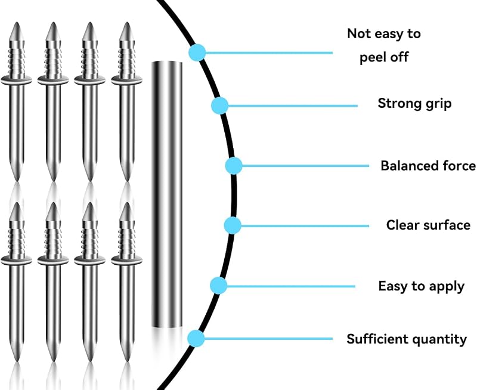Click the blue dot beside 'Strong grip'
pos(220,106)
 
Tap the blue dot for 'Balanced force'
pos(234,166)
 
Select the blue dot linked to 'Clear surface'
pos(233,225)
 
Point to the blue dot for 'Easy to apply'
pos(219,286)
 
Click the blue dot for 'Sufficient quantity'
pos(196,338)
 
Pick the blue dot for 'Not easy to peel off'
pos(197,52)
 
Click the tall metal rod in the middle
pos(167,194)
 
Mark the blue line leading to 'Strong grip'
pos(293,106)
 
